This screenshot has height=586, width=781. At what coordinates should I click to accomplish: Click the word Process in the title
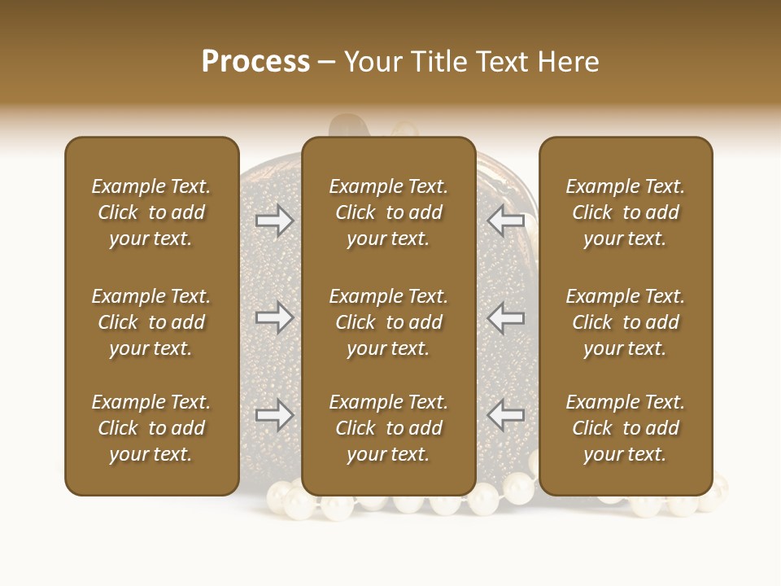coord(255,62)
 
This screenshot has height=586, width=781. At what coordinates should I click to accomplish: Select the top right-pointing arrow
coord(274,221)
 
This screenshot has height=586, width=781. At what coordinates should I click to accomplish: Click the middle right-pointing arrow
coord(274,317)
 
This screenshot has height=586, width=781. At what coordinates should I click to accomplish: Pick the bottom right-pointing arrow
coord(274,415)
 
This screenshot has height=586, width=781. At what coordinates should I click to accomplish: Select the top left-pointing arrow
coord(506,221)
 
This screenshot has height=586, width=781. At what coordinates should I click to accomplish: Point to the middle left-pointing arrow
coord(506,317)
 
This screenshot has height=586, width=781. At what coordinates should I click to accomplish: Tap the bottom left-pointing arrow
coord(506,415)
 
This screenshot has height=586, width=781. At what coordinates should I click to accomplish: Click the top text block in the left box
coord(151,212)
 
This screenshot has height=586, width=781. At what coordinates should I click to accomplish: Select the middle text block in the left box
coord(151,322)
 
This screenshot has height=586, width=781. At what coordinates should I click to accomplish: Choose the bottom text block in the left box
coord(151,428)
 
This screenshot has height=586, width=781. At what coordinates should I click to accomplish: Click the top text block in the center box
coord(389,212)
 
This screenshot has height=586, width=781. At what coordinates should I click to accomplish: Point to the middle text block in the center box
coord(389,322)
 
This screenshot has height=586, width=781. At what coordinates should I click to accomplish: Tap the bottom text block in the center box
coord(389,428)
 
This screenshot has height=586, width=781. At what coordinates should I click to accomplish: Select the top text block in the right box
coord(626,212)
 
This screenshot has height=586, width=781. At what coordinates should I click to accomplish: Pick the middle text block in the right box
coord(626,322)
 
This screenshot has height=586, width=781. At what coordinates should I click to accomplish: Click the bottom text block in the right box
coord(626,428)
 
